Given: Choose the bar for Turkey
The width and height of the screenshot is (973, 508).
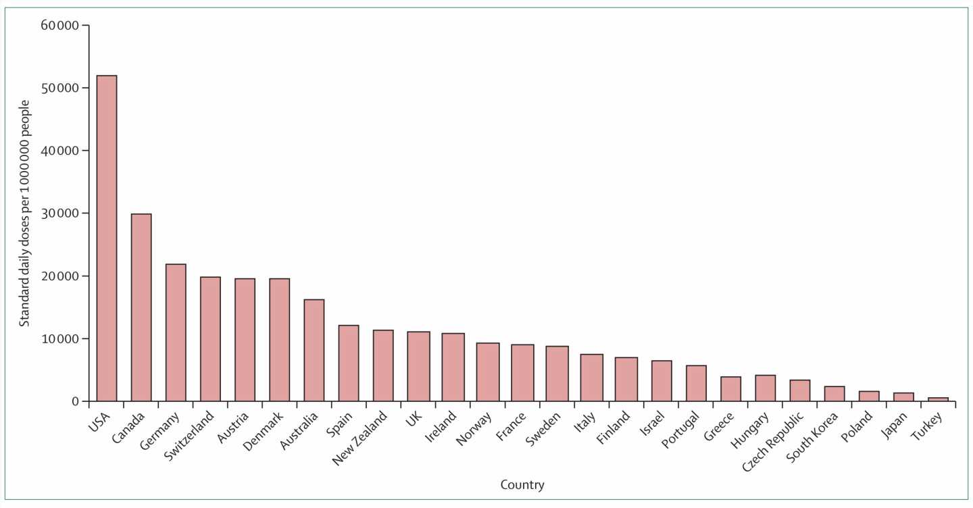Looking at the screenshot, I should click(x=938, y=399).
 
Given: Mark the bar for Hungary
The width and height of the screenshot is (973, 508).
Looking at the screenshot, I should click(x=765, y=388).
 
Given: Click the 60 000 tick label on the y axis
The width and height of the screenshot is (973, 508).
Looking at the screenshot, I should click(x=60, y=26).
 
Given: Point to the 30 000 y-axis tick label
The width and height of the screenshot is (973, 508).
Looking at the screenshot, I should click(x=60, y=213).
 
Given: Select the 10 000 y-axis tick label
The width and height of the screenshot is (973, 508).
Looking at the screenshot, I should click(x=60, y=338).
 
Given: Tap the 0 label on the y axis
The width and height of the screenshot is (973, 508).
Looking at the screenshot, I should click(x=74, y=401).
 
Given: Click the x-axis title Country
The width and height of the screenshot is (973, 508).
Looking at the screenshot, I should click(x=522, y=485).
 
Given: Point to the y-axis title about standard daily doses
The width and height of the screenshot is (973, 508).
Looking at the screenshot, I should click(x=24, y=213).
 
